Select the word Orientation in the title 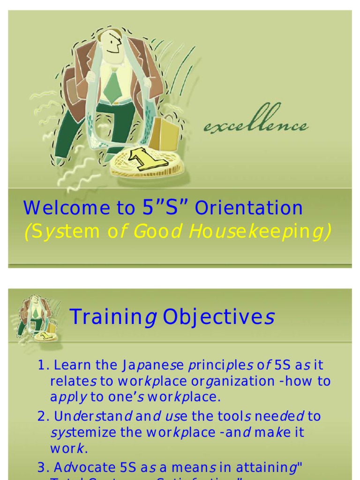click(249, 208)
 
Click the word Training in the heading click(113, 317)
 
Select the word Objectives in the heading click(218, 317)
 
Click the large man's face click(112, 45)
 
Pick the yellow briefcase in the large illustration click(164, 133)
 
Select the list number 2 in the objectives click(42, 416)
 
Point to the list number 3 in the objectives click(42, 467)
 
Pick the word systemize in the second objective click(83, 432)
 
